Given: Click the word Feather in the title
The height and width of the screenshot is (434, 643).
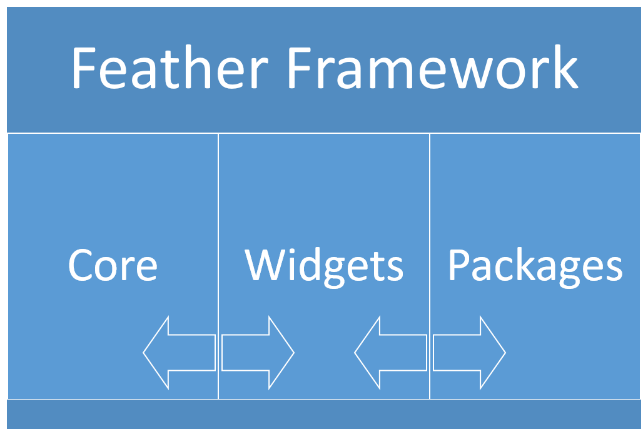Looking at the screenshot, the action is point(170,67).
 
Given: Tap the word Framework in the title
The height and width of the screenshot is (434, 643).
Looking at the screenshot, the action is point(433,67).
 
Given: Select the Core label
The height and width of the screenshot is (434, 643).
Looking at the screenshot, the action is point(113,265).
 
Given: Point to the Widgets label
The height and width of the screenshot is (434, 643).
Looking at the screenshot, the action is point(324,267).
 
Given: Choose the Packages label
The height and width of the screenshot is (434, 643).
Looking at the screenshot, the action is point(535,267).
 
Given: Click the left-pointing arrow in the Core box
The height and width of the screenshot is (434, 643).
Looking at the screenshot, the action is point(180,353).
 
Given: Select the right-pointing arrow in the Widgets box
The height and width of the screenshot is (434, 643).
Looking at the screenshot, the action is point(258,353).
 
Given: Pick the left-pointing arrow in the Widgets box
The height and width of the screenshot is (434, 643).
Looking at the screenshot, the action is point(391,353).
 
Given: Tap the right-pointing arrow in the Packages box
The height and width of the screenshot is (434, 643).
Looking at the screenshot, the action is point(470,353).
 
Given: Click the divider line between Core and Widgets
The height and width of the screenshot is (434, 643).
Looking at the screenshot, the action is point(218,266).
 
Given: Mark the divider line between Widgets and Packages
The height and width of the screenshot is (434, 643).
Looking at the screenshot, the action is point(430,266).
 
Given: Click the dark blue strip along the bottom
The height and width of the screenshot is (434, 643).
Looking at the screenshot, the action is point(323,415).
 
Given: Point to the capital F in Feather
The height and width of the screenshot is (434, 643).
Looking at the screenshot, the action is point(84,68).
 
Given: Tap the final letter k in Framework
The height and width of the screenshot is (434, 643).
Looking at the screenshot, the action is point(567,66).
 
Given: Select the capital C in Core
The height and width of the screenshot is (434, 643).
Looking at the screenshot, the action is point(79,265).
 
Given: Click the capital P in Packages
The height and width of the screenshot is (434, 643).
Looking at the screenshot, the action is point(459,265).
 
